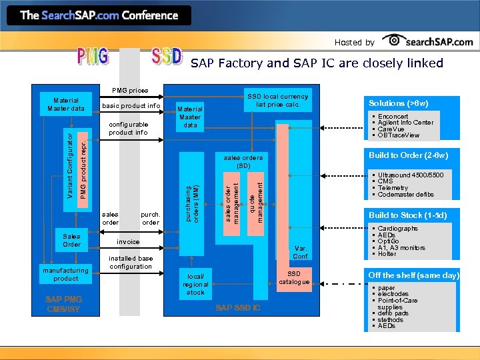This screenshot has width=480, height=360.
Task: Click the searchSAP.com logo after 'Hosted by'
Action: pos(430,41)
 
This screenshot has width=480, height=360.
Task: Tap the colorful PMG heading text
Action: pos(93,57)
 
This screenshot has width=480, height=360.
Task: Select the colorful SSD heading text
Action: pos(166,57)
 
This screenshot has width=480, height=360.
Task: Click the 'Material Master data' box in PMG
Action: pos(65,105)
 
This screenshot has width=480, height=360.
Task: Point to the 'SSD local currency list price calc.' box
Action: pos(278,101)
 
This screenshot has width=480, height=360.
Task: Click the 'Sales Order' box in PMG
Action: pos(71,241)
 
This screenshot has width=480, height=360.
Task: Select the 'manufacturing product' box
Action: pos(66,275)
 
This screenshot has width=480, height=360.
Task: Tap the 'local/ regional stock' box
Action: pos(195,284)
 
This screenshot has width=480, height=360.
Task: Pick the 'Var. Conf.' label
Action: pos(300,252)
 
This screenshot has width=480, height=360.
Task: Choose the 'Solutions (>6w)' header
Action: pos(399,103)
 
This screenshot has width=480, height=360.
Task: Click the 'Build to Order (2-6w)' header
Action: pos(408,155)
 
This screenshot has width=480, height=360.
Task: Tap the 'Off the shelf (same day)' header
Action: pos(413,275)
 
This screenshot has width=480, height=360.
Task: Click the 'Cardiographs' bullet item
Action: pos(397,229)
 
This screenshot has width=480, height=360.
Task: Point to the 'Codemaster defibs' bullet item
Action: pos(405,195)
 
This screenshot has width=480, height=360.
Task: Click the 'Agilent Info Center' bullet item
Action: pos(405,123)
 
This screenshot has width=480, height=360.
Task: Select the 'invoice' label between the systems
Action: pos(129,242)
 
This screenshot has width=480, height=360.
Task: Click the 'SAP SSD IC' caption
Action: pos(238,308)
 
